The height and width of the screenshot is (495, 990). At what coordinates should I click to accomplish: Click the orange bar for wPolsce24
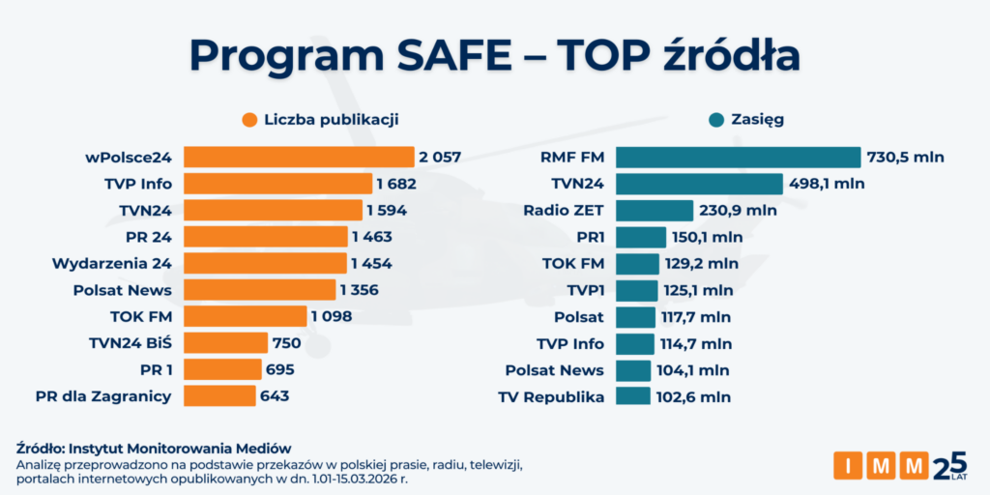pos(299,157)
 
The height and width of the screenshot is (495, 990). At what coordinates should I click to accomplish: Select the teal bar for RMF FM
pos(738,157)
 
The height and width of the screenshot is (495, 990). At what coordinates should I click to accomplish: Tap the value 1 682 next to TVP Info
pos(397,184)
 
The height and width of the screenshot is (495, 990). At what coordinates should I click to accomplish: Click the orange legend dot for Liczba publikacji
pos(249,120)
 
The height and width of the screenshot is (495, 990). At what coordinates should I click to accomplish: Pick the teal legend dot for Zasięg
pos(716,120)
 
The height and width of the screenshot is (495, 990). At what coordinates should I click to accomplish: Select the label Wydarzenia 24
pos(112,263)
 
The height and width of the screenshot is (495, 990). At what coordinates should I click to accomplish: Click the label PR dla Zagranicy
pos(103,395)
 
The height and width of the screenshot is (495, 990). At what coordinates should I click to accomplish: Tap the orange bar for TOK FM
pos(245,316)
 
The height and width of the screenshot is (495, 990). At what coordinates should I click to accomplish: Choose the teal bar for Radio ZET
pos(655,210)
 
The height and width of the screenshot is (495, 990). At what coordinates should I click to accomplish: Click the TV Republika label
pos(551,396)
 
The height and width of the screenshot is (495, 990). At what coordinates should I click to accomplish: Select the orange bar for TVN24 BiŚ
pos(225,342)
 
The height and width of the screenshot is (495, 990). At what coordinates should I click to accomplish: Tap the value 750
pos(287,343)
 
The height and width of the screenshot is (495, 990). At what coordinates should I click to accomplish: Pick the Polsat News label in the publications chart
pos(123,290)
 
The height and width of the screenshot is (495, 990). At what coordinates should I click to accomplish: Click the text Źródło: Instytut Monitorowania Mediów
pos(154,449)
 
